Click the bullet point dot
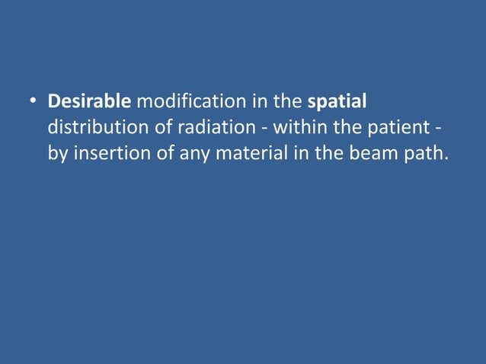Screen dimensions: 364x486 34,102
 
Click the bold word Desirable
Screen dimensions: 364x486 89,101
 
